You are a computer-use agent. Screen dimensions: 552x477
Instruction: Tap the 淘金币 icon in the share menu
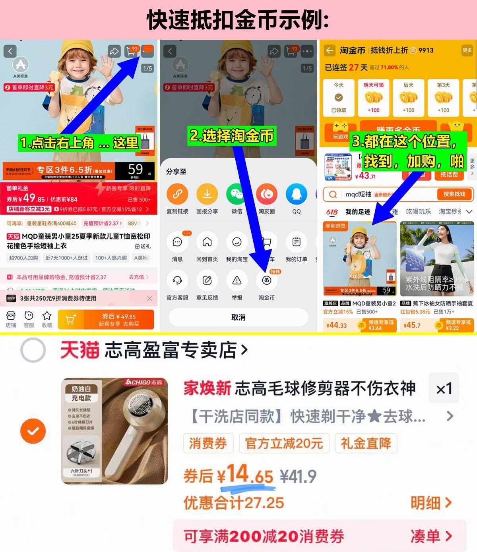(266, 281)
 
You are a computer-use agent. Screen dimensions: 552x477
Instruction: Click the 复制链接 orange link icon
(177, 194)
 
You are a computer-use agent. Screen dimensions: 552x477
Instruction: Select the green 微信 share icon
(237, 194)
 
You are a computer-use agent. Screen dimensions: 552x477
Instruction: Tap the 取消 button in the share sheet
(238, 317)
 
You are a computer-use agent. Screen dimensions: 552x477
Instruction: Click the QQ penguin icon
(297, 194)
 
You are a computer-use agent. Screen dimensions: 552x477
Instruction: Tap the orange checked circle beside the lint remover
(33, 431)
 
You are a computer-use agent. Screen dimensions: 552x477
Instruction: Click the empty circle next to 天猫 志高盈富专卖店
(33, 350)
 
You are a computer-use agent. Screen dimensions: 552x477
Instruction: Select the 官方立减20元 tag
(284, 443)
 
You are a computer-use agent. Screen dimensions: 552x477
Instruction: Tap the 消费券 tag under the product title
(207, 443)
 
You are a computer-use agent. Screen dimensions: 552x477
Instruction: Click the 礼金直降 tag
(366, 443)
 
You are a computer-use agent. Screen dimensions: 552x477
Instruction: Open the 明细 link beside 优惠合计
(431, 503)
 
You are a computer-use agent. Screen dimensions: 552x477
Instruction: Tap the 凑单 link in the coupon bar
(431, 537)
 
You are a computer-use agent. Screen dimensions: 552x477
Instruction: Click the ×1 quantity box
(444, 388)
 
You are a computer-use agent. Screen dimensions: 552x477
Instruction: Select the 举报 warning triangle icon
(237, 281)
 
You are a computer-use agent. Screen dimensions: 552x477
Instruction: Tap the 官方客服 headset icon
(177, 281)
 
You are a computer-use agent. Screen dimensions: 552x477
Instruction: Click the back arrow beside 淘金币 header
(330, 50)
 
